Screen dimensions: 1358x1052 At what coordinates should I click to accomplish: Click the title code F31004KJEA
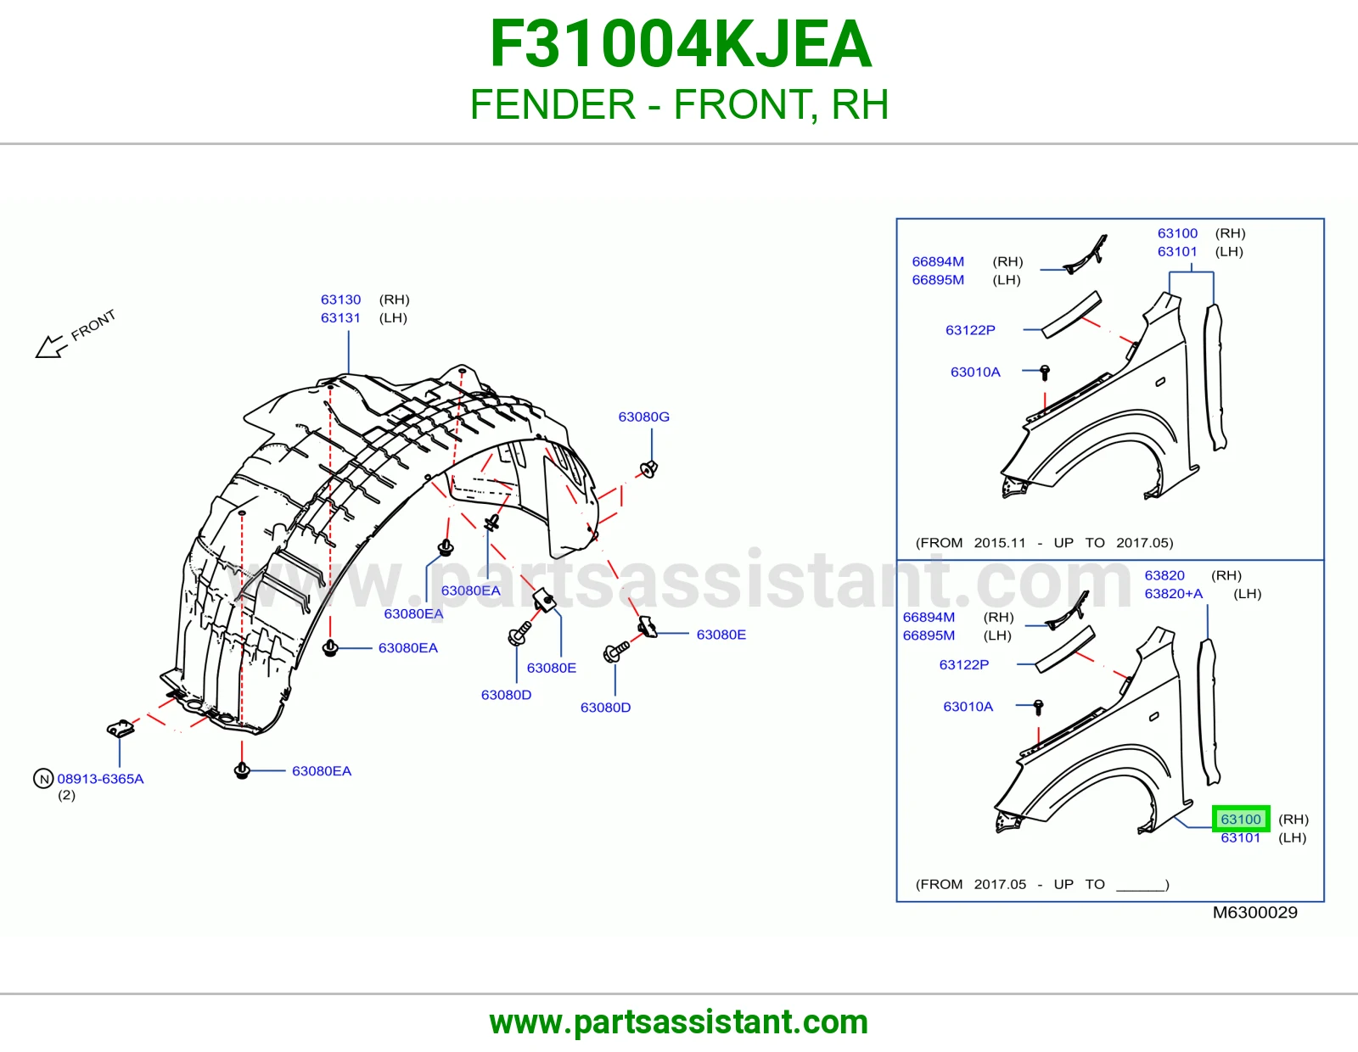pos(680,44)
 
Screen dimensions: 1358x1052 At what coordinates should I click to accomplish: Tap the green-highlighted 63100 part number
pos(1241,819)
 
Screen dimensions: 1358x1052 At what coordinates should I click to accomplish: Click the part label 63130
pos(340,299)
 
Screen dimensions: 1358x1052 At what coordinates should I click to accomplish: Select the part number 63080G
pos(643,417)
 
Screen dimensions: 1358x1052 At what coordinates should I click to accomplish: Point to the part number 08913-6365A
pos(101,779)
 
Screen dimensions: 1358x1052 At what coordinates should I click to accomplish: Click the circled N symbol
pos(43,779)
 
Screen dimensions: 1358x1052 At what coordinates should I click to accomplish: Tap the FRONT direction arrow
pos(51,347)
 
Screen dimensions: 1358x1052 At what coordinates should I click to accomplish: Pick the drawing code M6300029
pos(1255,913)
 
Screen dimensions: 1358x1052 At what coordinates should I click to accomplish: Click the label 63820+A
pos(1173,594)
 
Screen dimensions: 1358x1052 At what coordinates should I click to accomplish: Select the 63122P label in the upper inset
pos(970,330)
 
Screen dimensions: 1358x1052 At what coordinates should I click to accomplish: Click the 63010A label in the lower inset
pos(968,707)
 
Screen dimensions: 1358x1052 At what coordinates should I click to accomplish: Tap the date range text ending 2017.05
pos(1044,543)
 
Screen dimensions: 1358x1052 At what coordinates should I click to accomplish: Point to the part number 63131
pos(340,318)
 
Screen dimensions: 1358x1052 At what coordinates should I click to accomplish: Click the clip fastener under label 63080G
pos(648,469)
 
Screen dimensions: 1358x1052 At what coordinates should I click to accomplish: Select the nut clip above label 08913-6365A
pos(121,728)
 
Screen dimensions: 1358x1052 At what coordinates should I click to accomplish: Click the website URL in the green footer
pos(679,1022)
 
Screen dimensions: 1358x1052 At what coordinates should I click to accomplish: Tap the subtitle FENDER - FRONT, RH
pos(679,104)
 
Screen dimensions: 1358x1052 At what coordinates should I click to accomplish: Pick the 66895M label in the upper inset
pos(937,280)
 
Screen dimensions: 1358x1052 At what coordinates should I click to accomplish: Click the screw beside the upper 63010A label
pos(1044,373)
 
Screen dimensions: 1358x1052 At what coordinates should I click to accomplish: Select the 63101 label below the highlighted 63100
pos(1241,837)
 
